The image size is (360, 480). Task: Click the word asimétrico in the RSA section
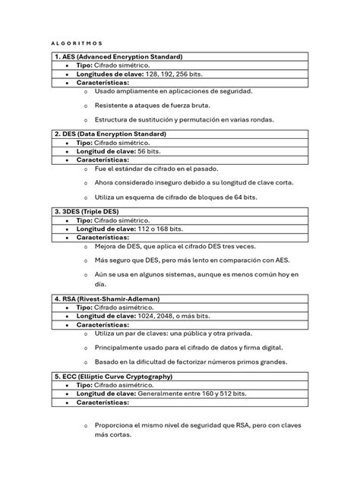(x=149, y=308)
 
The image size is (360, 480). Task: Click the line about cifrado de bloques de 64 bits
(x=175, y=196)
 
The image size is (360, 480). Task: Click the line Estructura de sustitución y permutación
(x=185, y=119)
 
